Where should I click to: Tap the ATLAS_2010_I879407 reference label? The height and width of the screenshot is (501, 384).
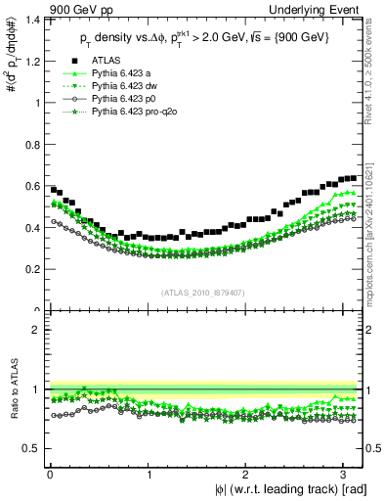tap(201, 291)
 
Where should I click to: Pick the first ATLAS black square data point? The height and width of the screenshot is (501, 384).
tap(53, 189)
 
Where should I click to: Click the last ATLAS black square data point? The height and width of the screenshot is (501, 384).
tap(354, 178)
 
